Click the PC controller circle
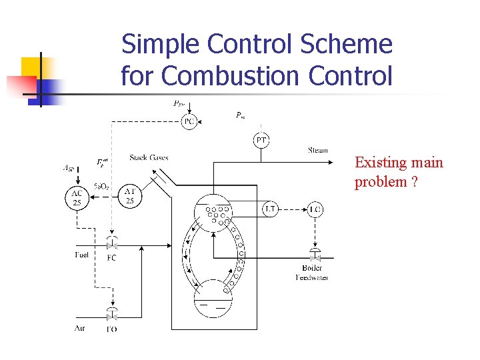[x=189, y=121]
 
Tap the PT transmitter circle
[x=261, y=140]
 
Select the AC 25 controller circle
[x=77, y=197]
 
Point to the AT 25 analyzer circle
[x=130, y=196]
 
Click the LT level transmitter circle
[x=270, y=209]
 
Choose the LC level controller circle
[x=315, y=209]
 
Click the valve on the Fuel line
[x=111, y=245]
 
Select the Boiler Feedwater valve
[x=315, y=257]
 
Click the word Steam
[x=318, y=150]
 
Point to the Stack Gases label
[x=149, y=158]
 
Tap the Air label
[x=80, y=327]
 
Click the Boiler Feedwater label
[x=312, y=273]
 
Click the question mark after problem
[x=415, y=183]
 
